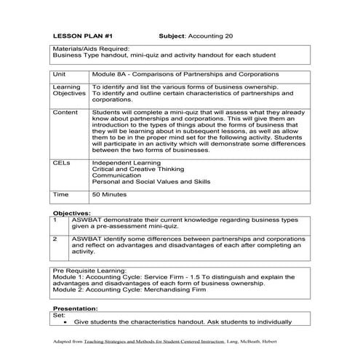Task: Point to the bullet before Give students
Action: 66,321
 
